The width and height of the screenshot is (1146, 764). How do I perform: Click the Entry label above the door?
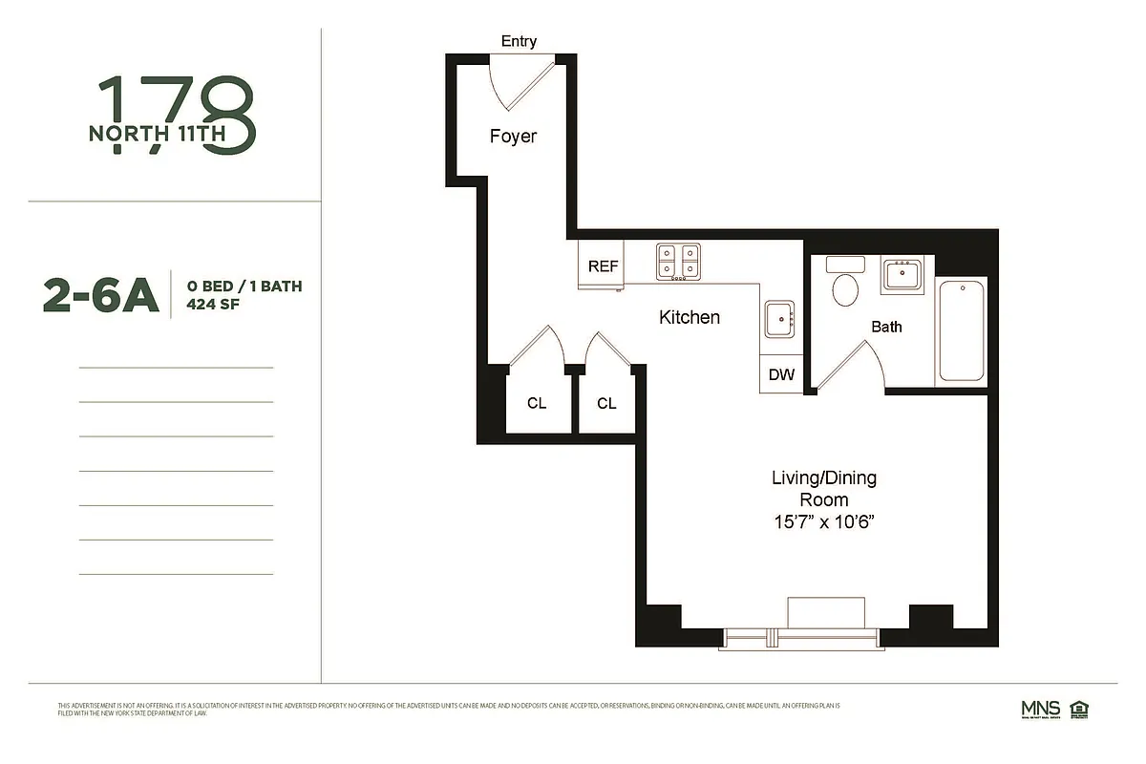pyautogui.click(x=519, y=41)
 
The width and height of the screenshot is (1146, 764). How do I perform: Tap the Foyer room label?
pyautogui.click(x=513, y=136)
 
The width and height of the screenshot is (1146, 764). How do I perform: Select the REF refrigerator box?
pyautogui.click(x=602, y=266)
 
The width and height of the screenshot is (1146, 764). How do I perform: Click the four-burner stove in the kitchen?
pyautogui.click(x=677, y=262)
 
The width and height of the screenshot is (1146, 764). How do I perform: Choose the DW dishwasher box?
pyautogui.click(x=781, y=374)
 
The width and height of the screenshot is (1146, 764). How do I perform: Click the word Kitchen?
pyautogui.click(x=690, y=317)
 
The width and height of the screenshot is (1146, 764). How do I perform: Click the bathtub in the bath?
pyautogui.click(x=961, y=330)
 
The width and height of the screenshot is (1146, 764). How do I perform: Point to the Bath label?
pyautogui.click(x=886, y=327)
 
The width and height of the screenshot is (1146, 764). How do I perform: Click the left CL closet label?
pyautogui.click(x=537, y=403)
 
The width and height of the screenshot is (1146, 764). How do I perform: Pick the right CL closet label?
pyautogui.click(x=606, y=403)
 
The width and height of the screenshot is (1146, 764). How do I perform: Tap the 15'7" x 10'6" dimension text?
pyautogui.click(x=823, y=522)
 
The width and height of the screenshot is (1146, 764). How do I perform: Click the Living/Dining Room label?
pyautogui.click(x=823, y=488)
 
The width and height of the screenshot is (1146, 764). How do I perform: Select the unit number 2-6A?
pyautogui.click(x=100, y=295)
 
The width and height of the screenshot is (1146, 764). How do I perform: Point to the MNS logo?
pyautogui.click(x=1039, y=710)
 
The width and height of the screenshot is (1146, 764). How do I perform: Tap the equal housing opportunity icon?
pyautogui.click(x=1080, y=709)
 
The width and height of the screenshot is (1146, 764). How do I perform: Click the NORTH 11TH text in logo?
pyautogui.click(x=157, y=134)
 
